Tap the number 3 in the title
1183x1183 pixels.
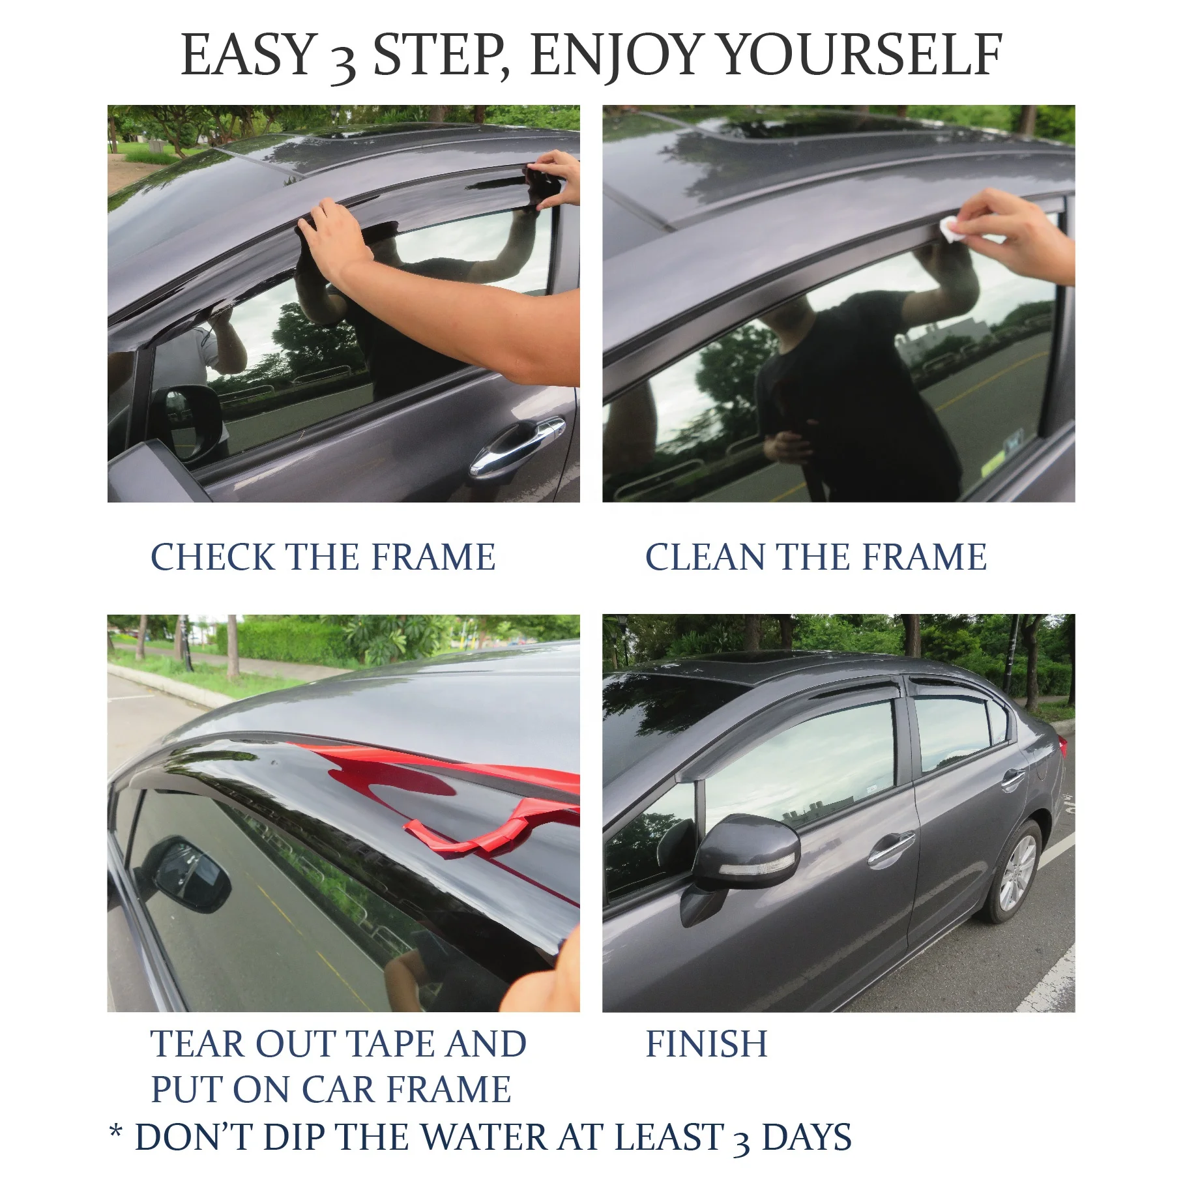click(x=341, y=62)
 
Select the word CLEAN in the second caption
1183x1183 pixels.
click(x=705, y=557)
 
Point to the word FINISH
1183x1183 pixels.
click(x=707, y=1044)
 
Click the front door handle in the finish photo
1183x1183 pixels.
click(x=890, y=847)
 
